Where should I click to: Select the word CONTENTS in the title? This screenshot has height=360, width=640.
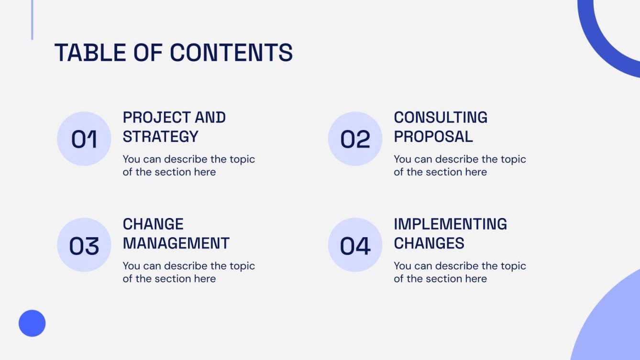coord(232,53)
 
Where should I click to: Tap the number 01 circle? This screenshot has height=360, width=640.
coord(84,139)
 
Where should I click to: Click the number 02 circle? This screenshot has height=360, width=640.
coord(355,139)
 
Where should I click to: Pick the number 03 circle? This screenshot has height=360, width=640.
coord(84,245)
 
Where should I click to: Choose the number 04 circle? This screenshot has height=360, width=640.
coord(355,245)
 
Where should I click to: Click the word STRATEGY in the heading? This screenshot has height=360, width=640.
coord(160,137)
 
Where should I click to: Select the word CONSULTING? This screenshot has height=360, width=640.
coord(441,118)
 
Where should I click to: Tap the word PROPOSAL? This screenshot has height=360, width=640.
coord(433,137)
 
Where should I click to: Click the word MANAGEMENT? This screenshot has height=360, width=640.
coord(176,243)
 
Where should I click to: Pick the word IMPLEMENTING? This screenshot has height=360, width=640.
coord(450,224)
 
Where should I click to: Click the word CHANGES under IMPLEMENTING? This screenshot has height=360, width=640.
coord(429,243)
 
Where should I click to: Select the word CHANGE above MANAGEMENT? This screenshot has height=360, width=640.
coord(153,224)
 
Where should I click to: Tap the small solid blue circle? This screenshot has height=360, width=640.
coord(32,323)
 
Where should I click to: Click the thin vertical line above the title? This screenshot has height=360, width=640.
coord(32,19)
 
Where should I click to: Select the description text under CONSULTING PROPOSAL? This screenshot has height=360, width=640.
coord(459,165)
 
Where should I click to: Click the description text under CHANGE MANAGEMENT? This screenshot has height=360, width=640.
coord(188,272)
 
